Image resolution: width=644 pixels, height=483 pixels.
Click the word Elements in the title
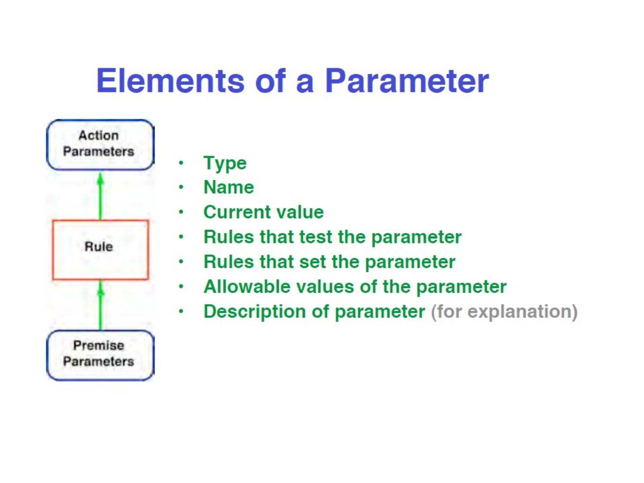coord(170,81)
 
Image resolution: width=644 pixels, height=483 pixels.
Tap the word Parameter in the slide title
coord(407,81)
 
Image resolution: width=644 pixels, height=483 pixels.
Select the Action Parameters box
coord(100,144)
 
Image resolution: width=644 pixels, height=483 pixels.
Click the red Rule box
coord(100,250)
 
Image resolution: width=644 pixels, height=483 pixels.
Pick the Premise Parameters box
coord(100,355)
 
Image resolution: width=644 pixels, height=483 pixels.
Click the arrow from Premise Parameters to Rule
coord(100,305)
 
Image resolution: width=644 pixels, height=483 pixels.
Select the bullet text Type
coord(225,163)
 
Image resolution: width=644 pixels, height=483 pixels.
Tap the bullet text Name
coord(229,187)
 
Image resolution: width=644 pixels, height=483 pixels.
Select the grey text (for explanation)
coord(504,312)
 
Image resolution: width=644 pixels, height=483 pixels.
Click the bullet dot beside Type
coord(181,163)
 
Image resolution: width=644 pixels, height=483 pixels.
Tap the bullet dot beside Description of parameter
coord(181,311)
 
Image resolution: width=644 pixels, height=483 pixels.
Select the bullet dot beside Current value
coord(181,212)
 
